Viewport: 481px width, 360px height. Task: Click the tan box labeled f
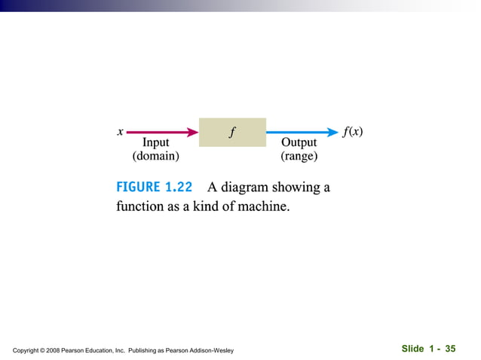pyautogui.click(x=232, y=132)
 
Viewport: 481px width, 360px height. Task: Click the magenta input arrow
pyautogui.click(x=161, y=132)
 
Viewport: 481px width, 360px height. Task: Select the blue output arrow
pyautogui.click(x=302, y=132)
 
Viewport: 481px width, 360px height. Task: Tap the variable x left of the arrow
pyautogui.click(x=120, y=132)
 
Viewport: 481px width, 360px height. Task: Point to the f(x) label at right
pyautogui.click(x=352, y=132)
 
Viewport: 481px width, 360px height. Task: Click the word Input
pyautogui.click(x=156, y=142)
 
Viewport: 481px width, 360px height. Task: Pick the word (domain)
pyautogui.click(x=156, y=157)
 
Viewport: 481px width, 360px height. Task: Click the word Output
pyautogui.click(x=299, y=142)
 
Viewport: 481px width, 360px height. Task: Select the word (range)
pyautogui.click(x=299, y=157)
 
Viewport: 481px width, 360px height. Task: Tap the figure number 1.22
pyautogui.click(x=179, y=187)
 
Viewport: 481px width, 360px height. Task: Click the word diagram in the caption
pyautogui.click(x=248, y=187)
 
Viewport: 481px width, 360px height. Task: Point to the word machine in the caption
pyautogui.click(x=263, y=206)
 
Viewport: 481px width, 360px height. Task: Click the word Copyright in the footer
pyautogui.click(x=28, y=350)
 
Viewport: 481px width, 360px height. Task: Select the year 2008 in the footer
pyautogui.click(x=60, y=350)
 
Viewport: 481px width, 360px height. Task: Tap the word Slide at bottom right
pyautogui.click(x=412, y=349)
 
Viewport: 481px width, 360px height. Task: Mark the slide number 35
pyautogui.click(x=450, y=349)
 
